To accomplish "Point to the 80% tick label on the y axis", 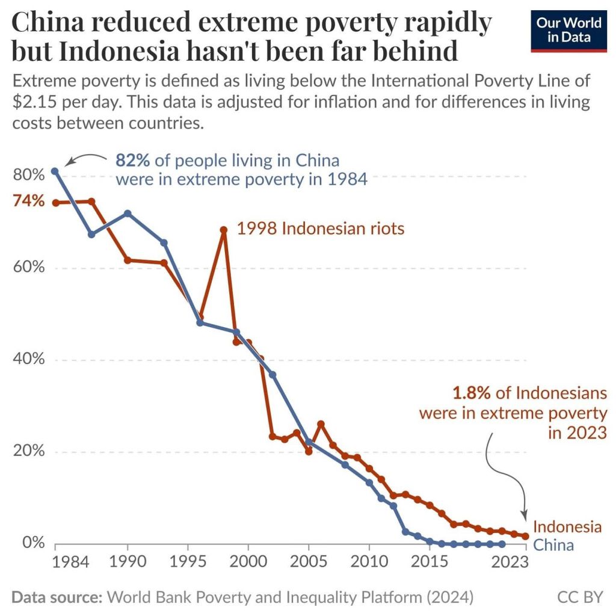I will (x=29, y=175).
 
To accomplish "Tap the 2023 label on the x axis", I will (x=508, y=562).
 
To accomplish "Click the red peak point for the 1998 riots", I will (x=224, y=230).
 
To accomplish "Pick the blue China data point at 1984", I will (x=55, y=171).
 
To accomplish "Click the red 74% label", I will (x=29, y=201).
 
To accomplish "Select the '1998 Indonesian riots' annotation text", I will (x=320, y=229).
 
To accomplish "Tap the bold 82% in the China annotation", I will (x=133, y=161).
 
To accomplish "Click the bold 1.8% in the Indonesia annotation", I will (x=472, y=393).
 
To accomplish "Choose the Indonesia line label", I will (x=567, y=527).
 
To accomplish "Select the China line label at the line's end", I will (x=553, y=545).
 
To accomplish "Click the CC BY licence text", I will (x=580, y=597).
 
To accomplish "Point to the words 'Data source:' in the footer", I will (x=57, y=597).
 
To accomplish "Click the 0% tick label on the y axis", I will (x=34, y=543).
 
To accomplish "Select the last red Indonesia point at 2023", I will (x=525, y=536).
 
